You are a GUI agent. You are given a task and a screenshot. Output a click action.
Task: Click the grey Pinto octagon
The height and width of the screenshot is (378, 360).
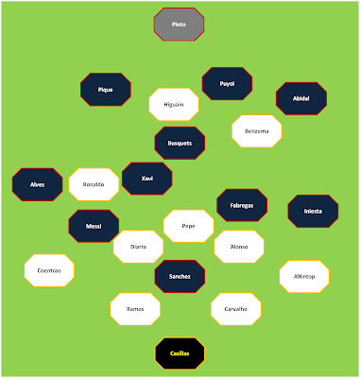click(x=179, y=25)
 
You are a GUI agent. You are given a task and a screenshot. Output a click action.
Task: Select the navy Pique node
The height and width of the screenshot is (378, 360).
click(x=106, y=90)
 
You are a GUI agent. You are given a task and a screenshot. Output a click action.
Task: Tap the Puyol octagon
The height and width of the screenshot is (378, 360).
click(x=227, y=83)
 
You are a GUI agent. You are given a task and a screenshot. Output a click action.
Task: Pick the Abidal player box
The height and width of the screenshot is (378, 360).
click(x=301, y=98)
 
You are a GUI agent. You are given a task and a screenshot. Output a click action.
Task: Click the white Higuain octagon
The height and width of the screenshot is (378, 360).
click(x=174, y=104)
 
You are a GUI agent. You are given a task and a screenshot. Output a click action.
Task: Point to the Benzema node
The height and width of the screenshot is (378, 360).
click(x=257, y=131)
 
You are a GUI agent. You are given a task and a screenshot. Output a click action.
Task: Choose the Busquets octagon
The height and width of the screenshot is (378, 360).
click(x=180, y=143)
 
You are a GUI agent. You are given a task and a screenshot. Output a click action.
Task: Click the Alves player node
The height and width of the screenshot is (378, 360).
click(x=37, y=184)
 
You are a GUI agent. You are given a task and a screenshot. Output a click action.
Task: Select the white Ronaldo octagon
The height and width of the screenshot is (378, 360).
click(x=94, y=184)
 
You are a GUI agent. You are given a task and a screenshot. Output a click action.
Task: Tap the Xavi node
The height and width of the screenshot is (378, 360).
click(x=147, y=179)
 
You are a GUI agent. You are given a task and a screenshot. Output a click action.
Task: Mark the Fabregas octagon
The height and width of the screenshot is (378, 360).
click(x=242, y=205)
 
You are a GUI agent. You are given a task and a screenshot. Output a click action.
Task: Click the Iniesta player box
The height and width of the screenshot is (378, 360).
click(x=313, y=211)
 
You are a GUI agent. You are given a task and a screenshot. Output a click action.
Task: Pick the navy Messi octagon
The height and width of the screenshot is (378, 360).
click(x=94, y=226)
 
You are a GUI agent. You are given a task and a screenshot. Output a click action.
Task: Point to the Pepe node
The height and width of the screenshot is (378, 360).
click(x=188, y=226)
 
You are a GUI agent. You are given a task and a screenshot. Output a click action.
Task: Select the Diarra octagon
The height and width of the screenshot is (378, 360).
click(x=138, y=247)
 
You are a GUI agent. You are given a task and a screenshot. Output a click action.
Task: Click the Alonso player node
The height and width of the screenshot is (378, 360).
click(x=239, y=247)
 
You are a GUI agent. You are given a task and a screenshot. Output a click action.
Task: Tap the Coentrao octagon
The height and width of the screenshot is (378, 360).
click(x=49, y=270)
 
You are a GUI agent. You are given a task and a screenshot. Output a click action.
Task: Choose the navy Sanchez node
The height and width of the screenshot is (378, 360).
click(x=180, y=276)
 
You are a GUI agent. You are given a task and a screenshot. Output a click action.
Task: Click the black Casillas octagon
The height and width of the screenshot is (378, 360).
click(x=180, y=353)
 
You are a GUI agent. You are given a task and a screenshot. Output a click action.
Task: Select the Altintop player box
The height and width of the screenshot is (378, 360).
click(x=304, y=276)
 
